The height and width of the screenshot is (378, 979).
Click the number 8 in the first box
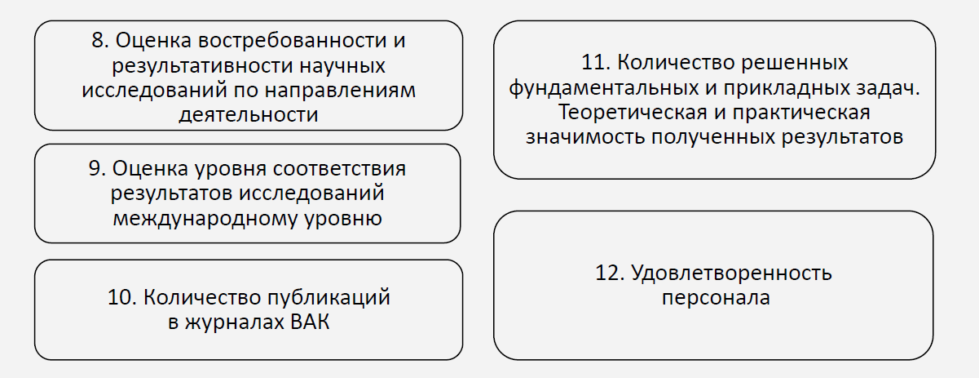coord(98,40)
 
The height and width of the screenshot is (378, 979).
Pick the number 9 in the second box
coord(95,169)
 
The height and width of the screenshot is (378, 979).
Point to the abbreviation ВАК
coord(309,322)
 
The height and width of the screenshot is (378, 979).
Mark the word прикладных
coord(783,87)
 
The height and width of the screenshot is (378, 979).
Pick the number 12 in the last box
coord(611,273)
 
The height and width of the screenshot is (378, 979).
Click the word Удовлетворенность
coord(731,273)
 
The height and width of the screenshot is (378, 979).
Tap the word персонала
coord(716,297)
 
